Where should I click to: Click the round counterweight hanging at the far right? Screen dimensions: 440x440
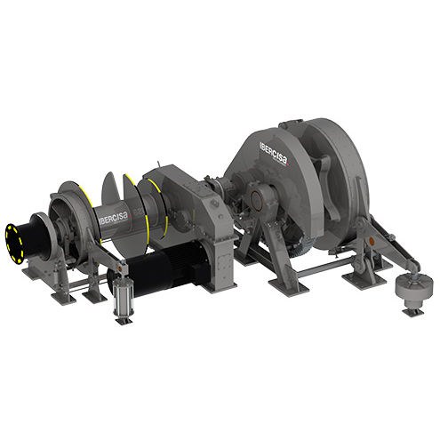(410, 287)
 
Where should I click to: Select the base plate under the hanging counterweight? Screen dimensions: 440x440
(410, 312)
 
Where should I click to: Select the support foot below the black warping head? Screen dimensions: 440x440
(36, 271)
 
